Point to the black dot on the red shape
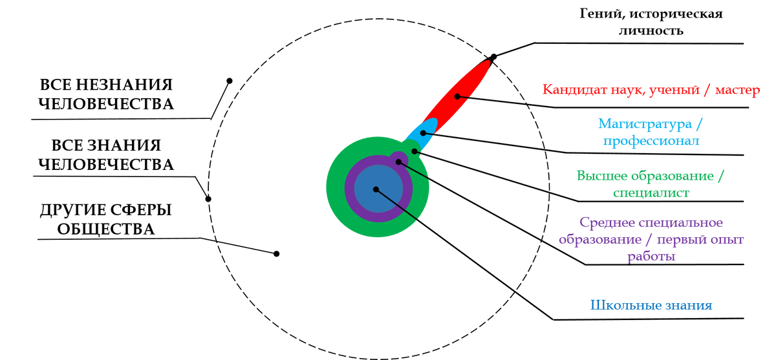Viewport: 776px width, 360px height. coord(457,96)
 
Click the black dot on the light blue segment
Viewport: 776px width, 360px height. coord(423,132)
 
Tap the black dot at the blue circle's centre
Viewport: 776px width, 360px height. coord(376,189)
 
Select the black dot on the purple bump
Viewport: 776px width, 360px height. coord(398,162)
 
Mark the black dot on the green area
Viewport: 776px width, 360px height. coord(415,151)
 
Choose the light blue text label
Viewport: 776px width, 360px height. coord(651,132)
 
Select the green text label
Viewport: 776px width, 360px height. coord(651,184)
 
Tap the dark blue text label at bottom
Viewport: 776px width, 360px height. coord(651,305)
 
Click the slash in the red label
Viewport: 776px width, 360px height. coord(706,90)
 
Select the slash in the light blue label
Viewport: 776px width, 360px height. coord(700,123)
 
